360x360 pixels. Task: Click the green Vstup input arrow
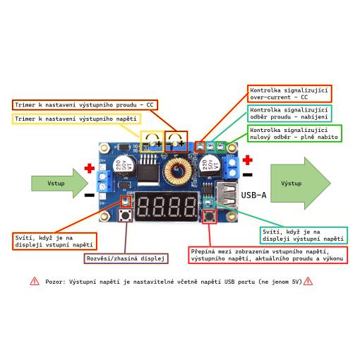60,183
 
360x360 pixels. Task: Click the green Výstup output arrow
301,184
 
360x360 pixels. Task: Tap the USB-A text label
253,195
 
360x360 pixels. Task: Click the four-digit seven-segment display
166,206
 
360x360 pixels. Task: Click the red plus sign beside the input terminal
90,168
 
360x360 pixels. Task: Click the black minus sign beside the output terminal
247,174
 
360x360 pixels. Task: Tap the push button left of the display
125,215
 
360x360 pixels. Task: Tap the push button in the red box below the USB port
210,217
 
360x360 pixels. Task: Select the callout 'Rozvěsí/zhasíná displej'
126,258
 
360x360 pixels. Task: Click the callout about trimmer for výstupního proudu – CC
85,104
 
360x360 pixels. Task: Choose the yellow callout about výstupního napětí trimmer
76,119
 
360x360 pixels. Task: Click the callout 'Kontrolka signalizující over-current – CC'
289,94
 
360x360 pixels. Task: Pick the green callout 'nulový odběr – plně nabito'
294,133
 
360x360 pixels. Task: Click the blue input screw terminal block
104,181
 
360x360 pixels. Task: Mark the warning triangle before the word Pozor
35,281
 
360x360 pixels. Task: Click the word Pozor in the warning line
55,282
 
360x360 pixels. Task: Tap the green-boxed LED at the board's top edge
221,147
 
